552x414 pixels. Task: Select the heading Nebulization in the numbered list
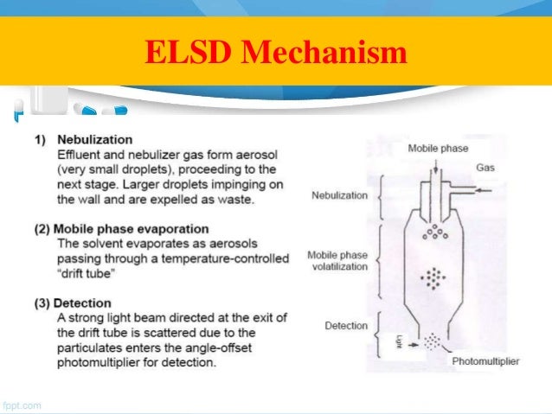(x=94, y=139)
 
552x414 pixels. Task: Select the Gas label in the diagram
(x=487, y=169)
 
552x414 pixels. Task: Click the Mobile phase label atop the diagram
(x=438, y=149)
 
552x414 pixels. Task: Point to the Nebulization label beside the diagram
(x=339, y=195)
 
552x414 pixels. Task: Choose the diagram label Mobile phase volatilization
(x=338, y=261)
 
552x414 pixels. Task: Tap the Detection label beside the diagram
(x=346, y=326)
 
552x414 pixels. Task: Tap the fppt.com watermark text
(x=21, y=404)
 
